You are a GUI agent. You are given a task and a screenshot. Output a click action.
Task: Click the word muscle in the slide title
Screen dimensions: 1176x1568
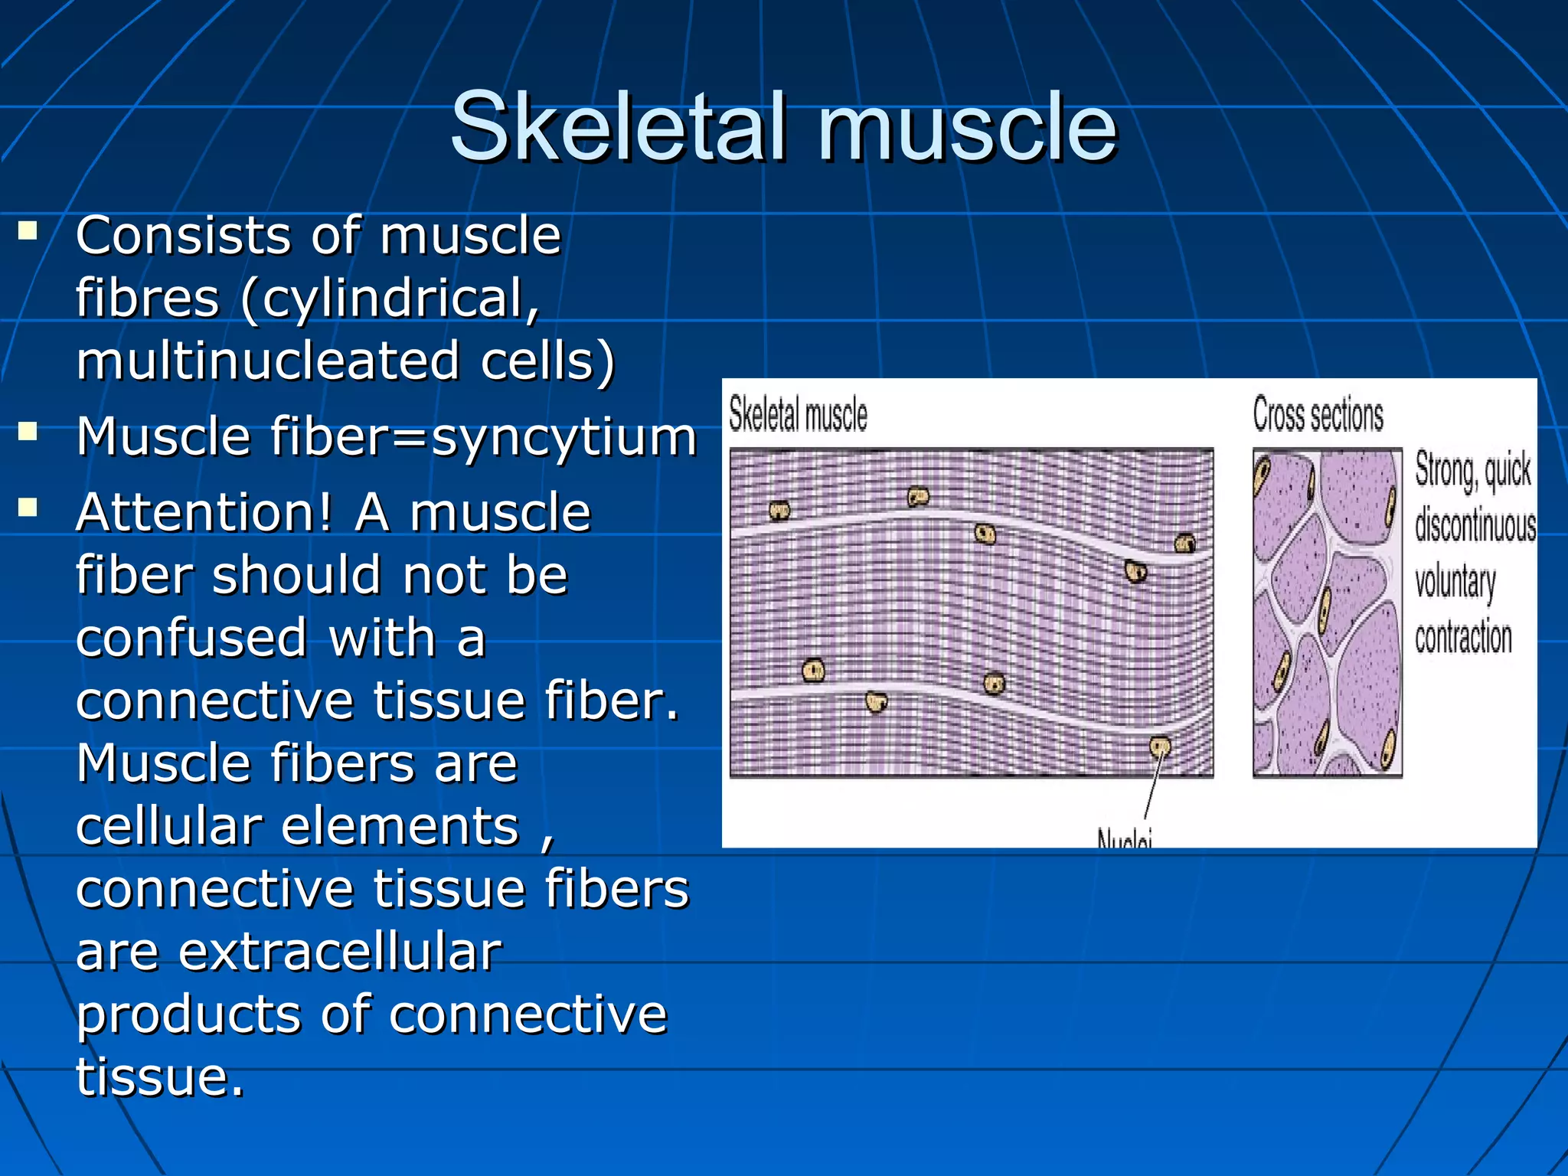coord(968,126)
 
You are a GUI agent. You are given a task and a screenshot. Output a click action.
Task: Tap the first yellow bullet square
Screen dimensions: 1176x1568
coord(28,230)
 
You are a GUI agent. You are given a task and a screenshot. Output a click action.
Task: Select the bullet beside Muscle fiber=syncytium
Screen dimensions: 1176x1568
coord(28,432)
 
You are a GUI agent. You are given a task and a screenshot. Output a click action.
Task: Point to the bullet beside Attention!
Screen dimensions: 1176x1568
coord(28,508)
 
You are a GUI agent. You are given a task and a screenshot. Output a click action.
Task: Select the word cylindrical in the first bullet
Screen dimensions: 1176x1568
coord(390,299)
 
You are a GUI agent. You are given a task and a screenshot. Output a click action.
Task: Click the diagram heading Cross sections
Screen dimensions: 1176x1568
coord(1318,415)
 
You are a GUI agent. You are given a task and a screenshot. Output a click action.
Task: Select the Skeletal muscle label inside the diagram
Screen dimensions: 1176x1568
coord(798,415)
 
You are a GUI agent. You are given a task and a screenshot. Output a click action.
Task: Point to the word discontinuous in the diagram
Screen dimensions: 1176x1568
coord(1475,526)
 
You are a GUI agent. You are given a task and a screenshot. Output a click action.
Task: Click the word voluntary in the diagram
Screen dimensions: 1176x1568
coord(1455,582)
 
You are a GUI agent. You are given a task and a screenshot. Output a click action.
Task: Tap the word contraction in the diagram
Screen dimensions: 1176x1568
coord(1463,638)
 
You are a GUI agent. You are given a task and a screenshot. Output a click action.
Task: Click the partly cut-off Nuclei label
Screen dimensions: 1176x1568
coord(1124,839)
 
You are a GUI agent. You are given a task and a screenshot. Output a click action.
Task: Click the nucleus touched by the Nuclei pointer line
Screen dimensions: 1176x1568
coord(1160,745)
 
